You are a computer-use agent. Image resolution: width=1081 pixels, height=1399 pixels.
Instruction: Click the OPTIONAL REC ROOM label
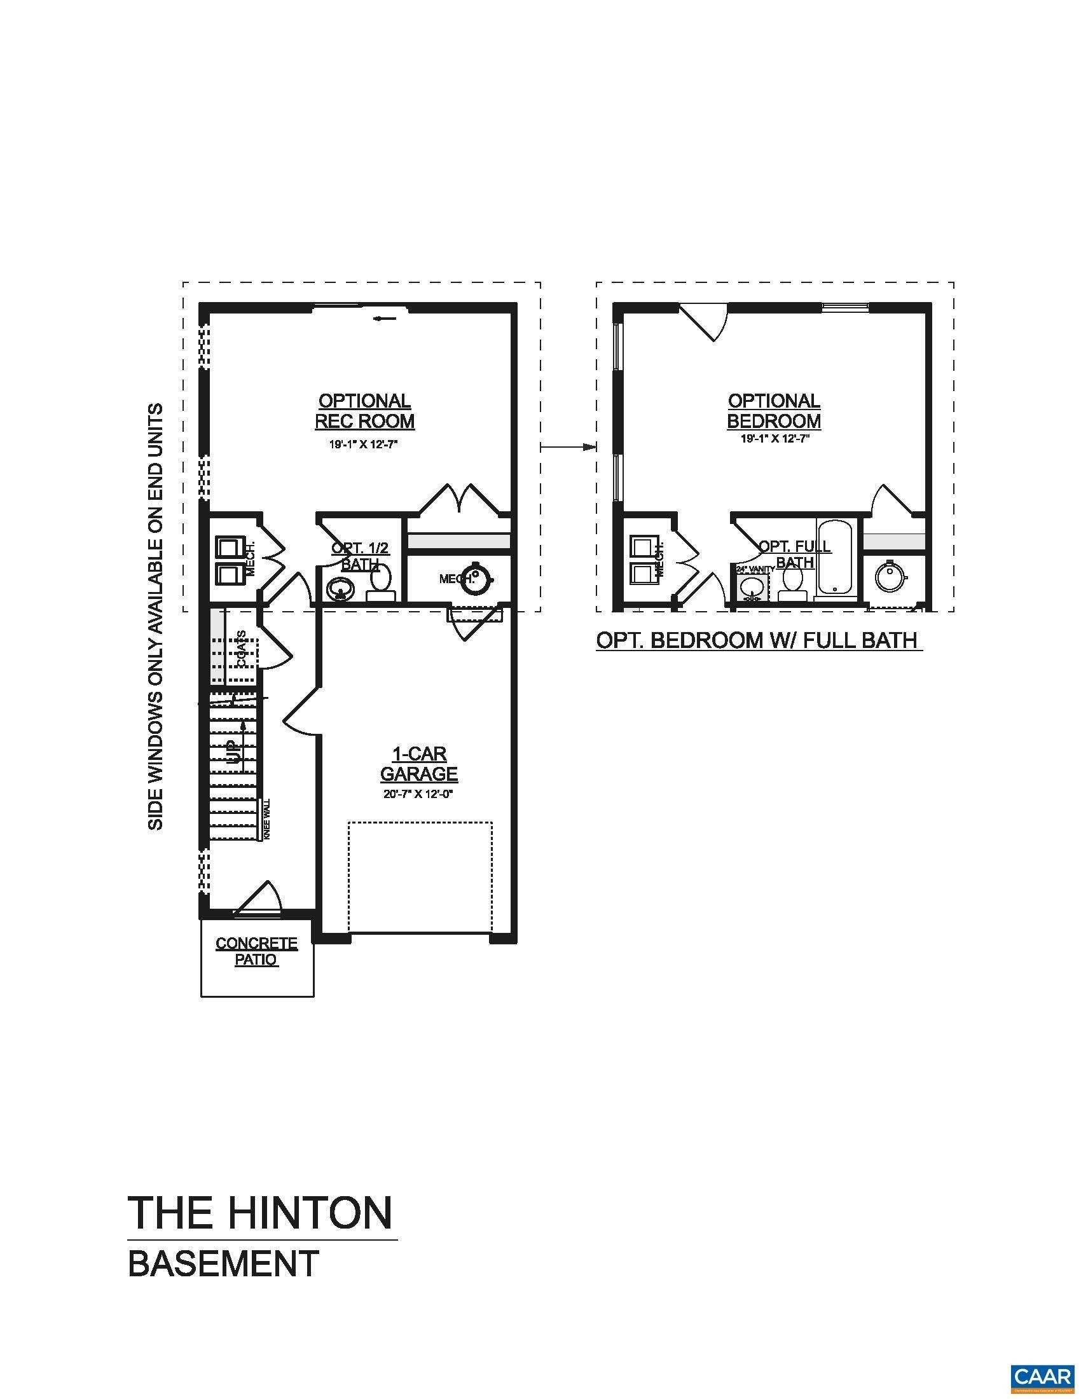pyautogui.click(x=364, y=411)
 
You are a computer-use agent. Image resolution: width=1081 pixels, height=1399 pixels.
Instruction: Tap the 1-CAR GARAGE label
pyautogui.click(x=419, y=764)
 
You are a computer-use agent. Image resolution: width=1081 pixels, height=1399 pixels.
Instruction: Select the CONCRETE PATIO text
pyautogui.click(x=256, y=951)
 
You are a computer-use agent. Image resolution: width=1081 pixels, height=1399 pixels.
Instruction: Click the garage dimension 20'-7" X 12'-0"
pyautogui.click(x=420, y=794)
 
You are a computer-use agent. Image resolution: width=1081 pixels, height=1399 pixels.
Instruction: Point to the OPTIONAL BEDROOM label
pyautogui.click(x=774, y=411)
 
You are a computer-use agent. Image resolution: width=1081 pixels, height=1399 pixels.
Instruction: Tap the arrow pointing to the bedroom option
pyautogui.click(x=568, y=447)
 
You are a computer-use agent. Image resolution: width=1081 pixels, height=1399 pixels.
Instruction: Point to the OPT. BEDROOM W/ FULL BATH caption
pyautogui.click(x=757, y=640)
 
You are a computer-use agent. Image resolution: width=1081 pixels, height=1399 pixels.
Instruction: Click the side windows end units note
pyautogui.click(x=156, y=617)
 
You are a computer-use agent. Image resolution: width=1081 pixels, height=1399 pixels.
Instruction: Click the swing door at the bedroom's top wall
pyautogui.click(x=703, y=322)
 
